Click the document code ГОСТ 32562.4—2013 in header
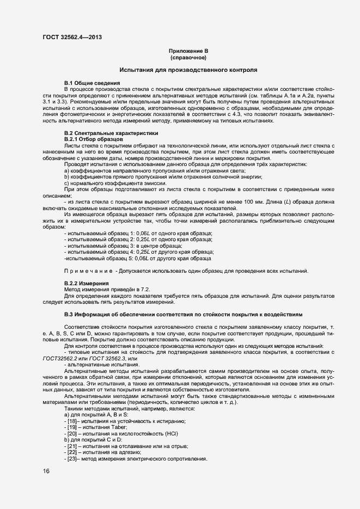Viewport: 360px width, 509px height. (x=72, y=37)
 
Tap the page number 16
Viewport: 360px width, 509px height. (x=46, y=471)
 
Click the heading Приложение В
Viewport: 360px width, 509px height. (x=188, y=51)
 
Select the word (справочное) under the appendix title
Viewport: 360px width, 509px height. (x=188, y=57)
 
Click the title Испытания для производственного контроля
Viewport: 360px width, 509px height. (x=188, y=70)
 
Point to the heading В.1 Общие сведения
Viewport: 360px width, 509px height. (x=89, y=82)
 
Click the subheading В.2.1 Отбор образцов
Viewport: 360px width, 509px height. (x=93, y=139)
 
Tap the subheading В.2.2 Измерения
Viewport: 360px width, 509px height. (x=87, y=284)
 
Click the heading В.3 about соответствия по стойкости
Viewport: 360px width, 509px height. (x=188, y=315)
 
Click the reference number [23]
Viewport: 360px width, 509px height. (x=70, y=459)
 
